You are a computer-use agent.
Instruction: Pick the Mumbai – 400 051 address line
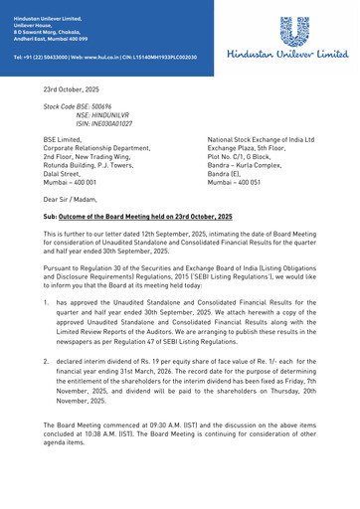click(234, 183)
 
